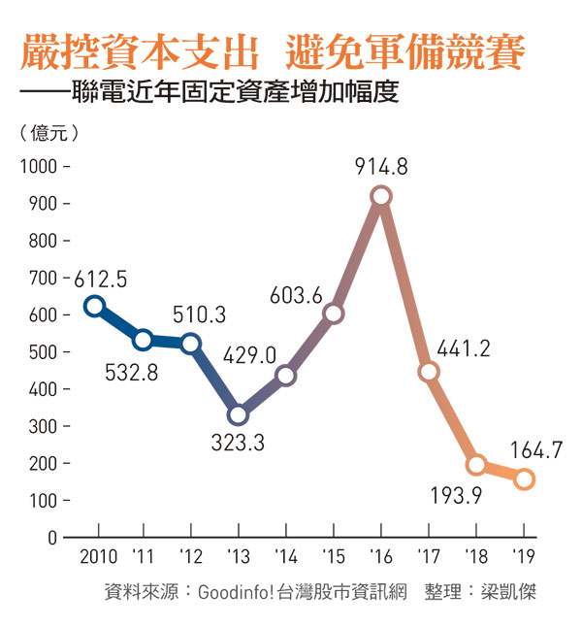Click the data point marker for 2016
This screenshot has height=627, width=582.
click(x=381, y=196)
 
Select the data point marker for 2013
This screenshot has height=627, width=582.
click(x=238, y=415)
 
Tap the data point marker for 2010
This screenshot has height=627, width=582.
click(x=94, y=307)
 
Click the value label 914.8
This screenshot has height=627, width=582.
click(x=381, y=167)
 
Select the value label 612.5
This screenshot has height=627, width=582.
click(x=101, y=280)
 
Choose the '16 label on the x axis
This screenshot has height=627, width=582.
click(x=380, y=559)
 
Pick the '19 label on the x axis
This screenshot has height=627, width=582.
click(x=524, y=559)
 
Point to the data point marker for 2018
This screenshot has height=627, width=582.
click(x=476, y=464)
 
